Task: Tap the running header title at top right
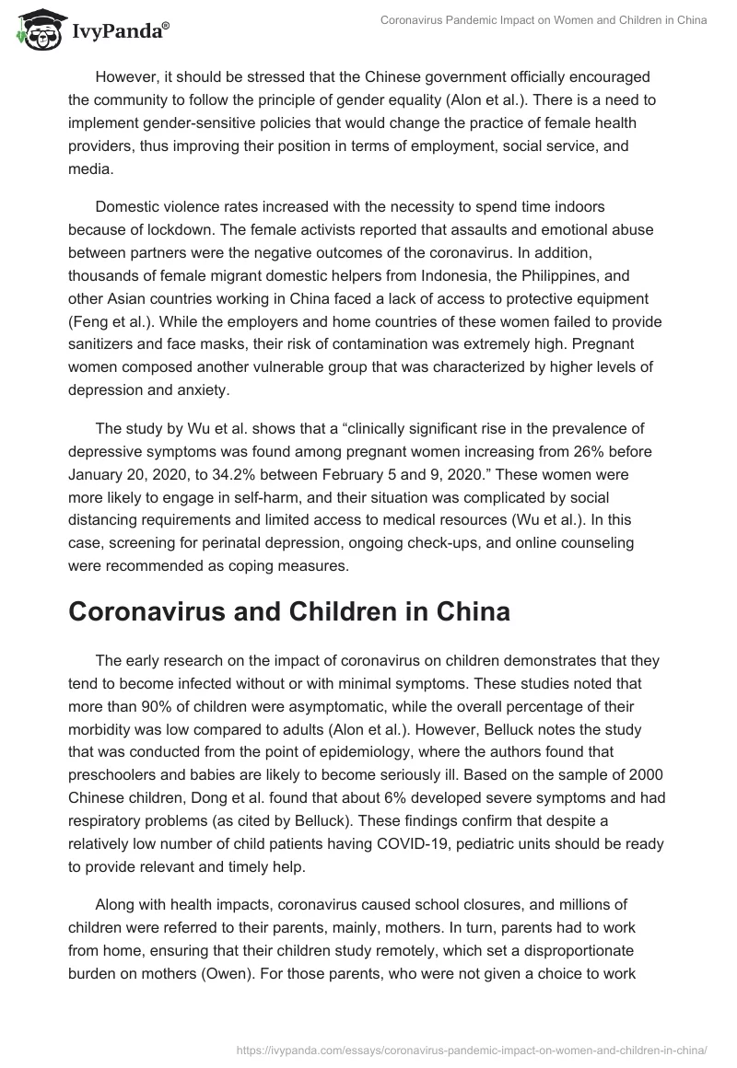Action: click(544, 21)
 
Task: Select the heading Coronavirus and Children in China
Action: click(289, 612)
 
